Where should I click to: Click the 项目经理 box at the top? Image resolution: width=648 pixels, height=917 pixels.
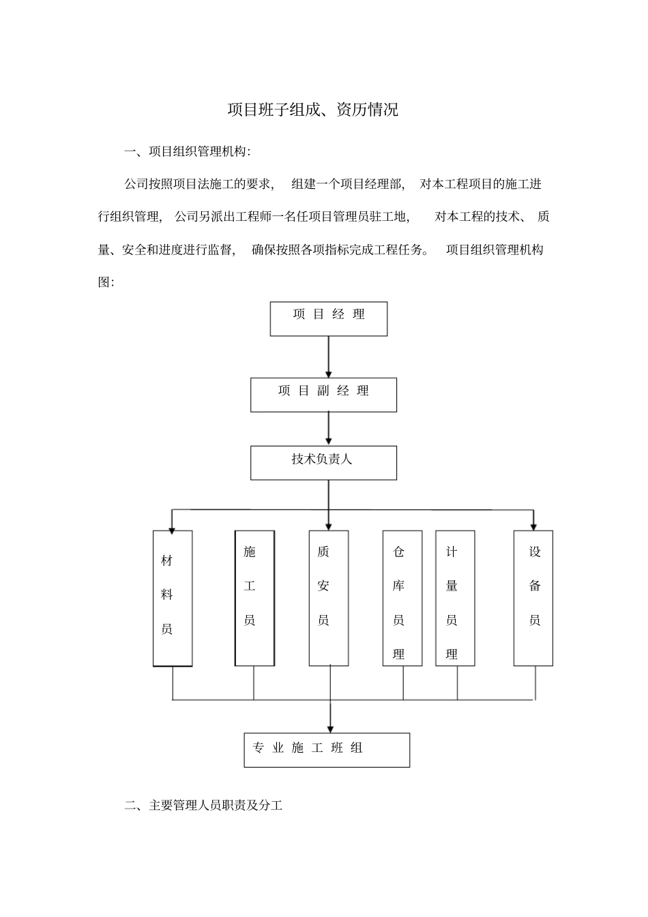(x=328, y=318)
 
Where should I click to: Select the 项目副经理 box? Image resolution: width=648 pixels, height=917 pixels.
(x=323, y=395)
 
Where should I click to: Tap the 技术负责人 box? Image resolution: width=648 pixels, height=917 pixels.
(x=323, y=463)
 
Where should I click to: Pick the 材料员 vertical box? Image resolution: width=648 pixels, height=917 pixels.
(x=173, y=598)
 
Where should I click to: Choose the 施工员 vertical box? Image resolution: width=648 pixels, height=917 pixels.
(x=254, y=598)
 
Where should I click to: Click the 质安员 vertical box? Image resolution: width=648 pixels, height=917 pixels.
(x=329, y=598)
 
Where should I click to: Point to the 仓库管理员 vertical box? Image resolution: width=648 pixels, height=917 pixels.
(x=402, y=598)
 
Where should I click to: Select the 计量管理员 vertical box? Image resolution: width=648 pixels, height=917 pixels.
(x=455, y=598)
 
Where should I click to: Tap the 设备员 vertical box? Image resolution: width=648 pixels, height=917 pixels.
(x=533, y=598)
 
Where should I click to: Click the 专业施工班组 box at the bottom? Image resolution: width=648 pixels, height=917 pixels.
(x=327, y=750)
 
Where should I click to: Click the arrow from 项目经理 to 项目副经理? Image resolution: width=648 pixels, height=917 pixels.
(x=329, y=357)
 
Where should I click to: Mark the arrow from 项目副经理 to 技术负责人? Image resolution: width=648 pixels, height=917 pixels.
(x=329, y=429)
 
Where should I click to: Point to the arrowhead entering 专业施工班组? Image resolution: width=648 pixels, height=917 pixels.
(x=330, y=728)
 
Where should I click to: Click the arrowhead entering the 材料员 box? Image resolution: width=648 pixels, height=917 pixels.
(x=173, y=527)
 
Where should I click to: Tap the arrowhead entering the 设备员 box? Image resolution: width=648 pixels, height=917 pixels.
(x=533, y=526)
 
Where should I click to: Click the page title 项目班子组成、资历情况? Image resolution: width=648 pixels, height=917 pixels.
(x=312, y=110)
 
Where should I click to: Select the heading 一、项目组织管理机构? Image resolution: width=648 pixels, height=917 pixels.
(x=188, y=151)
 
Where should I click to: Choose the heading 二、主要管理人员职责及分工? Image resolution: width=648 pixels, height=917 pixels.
(x=203, y=806)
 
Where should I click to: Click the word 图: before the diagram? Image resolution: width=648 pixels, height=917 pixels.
(x=106, y=282)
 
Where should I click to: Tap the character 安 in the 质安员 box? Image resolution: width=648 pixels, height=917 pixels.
(x=323, y=586)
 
